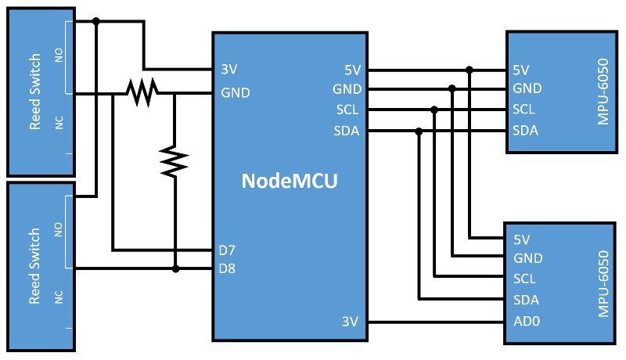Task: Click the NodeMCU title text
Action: click(290, 181)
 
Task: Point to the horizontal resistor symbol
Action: click(142, 92)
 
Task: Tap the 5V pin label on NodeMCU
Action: click(351, 69)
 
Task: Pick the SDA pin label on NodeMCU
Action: click(346, 131)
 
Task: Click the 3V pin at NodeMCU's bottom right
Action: click(350, 321)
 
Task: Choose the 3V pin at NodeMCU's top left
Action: click(230, 69)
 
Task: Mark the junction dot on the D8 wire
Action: click(175, 269)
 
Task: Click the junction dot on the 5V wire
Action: click(469, 70)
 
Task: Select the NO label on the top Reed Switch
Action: click(58, 54)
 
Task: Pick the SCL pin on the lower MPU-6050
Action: click(524, 279)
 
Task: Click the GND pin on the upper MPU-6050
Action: click(527, 88)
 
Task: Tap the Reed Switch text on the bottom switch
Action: click(34, 266)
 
